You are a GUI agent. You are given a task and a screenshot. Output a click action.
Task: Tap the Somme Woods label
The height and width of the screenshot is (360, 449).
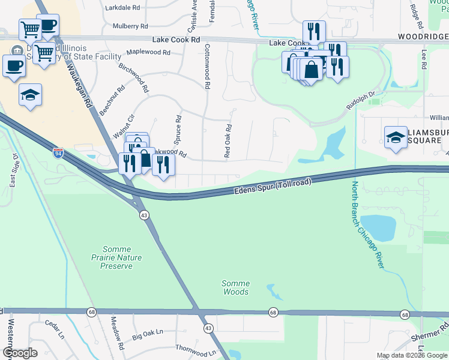[235, 287]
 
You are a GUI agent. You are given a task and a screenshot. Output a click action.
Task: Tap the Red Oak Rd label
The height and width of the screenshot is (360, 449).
[228, 141]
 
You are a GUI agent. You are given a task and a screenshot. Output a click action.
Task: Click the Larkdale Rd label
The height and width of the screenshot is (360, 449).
[122, 8]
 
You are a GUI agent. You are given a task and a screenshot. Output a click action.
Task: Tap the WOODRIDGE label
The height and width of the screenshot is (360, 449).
[423, 37]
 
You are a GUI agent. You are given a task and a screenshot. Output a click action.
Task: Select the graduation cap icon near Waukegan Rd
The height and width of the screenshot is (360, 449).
[30, 95]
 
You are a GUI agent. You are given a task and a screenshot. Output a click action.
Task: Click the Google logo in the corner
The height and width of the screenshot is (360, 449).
[20, 352]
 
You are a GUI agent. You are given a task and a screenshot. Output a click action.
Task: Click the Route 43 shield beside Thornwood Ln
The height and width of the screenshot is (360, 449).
[208, 328]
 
